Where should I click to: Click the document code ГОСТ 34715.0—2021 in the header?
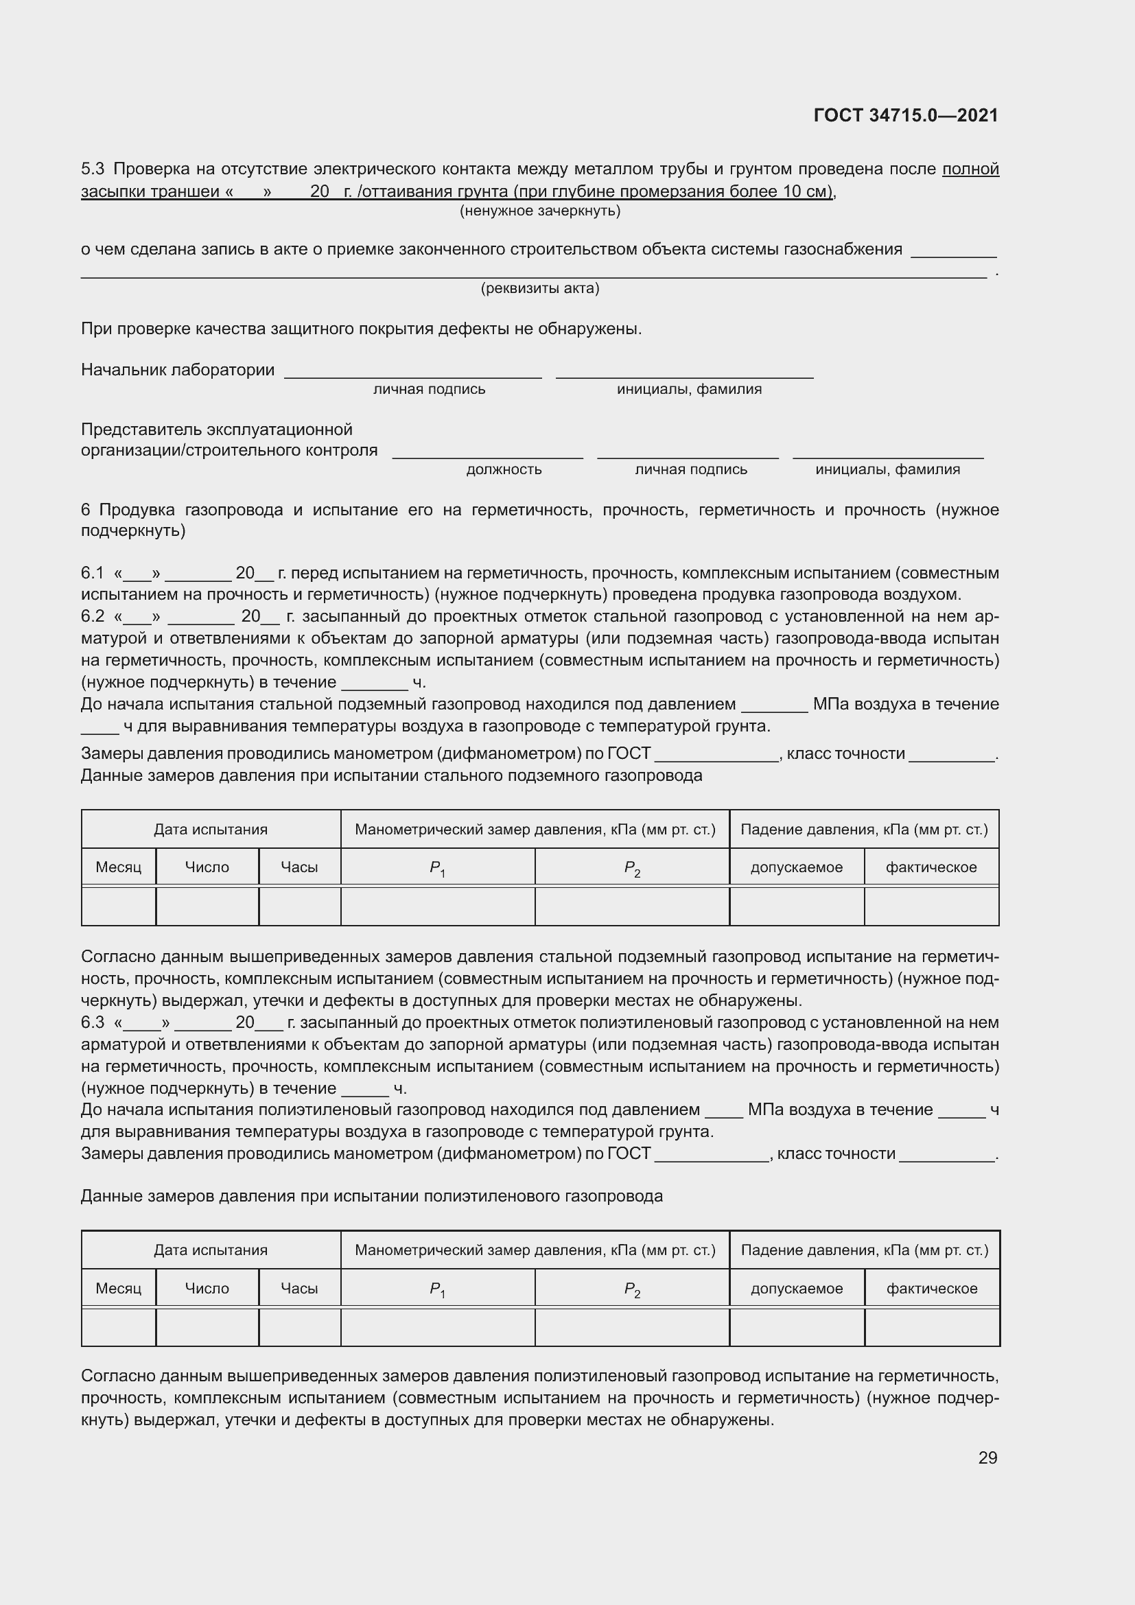pos(906,115)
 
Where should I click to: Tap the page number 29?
pos(987,1457)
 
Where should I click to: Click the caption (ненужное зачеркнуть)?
pos(539,211)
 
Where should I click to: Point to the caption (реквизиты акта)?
pos(539,289)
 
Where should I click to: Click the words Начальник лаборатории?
pos(178,370)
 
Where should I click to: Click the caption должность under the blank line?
pos(504,470)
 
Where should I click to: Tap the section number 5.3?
pos(92,169)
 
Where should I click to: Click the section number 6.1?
pos(92,573)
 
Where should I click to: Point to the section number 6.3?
pos(92,1022)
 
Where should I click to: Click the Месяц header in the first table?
pos(118,867)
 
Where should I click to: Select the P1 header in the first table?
pos(438,868)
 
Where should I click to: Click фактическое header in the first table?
pos(931,867)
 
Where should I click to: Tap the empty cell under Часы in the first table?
pos(299,906)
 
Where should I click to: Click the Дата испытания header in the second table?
pos(211,1250)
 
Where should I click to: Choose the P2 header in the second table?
pos(632,1289)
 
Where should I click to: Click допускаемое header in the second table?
pos(797,1289)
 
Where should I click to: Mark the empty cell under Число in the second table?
pos(207,1328)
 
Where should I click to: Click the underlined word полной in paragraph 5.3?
pos(970,169)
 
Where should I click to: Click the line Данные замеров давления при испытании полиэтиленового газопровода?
pos(372,1196)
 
